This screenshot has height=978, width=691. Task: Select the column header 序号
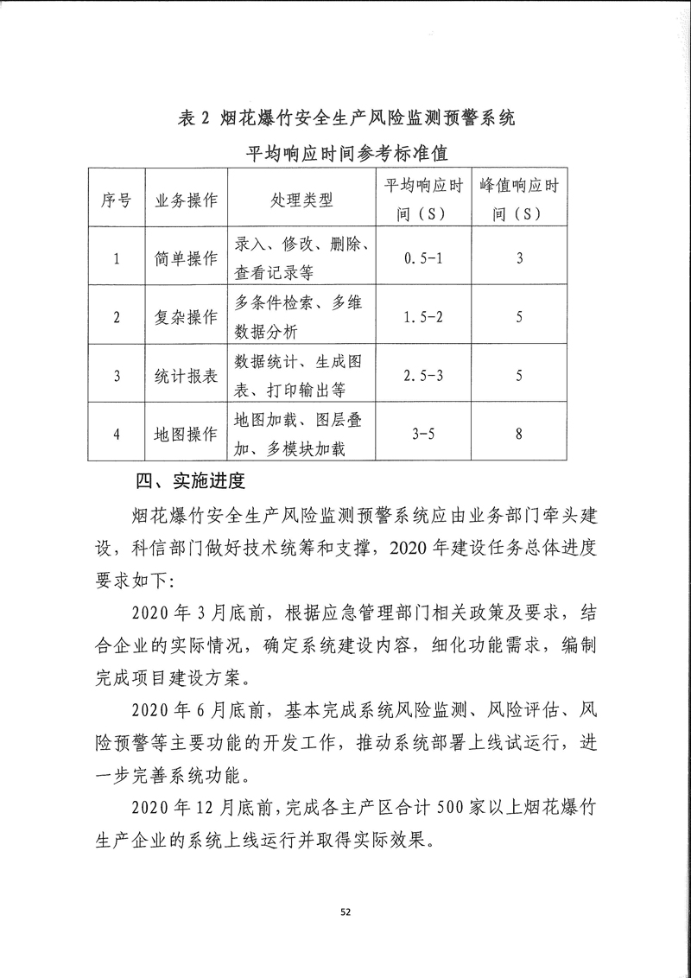117,200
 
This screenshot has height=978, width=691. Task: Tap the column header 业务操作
186,200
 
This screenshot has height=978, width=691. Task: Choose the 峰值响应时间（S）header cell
518,200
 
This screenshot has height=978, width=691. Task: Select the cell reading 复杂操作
186,317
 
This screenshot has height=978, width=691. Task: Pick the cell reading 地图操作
186,434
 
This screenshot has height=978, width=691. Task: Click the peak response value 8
518,434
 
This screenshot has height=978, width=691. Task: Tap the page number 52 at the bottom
345,911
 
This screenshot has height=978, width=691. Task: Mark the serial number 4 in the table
117,434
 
